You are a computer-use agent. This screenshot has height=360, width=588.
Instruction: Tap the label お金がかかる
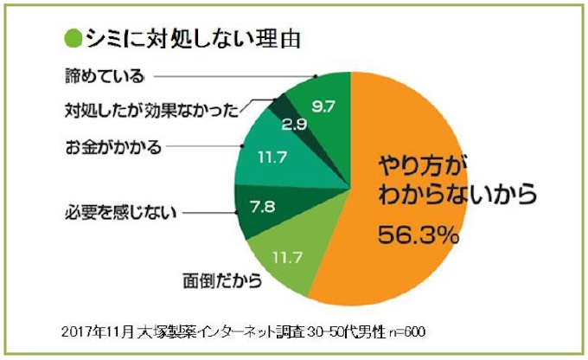[112, 146]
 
